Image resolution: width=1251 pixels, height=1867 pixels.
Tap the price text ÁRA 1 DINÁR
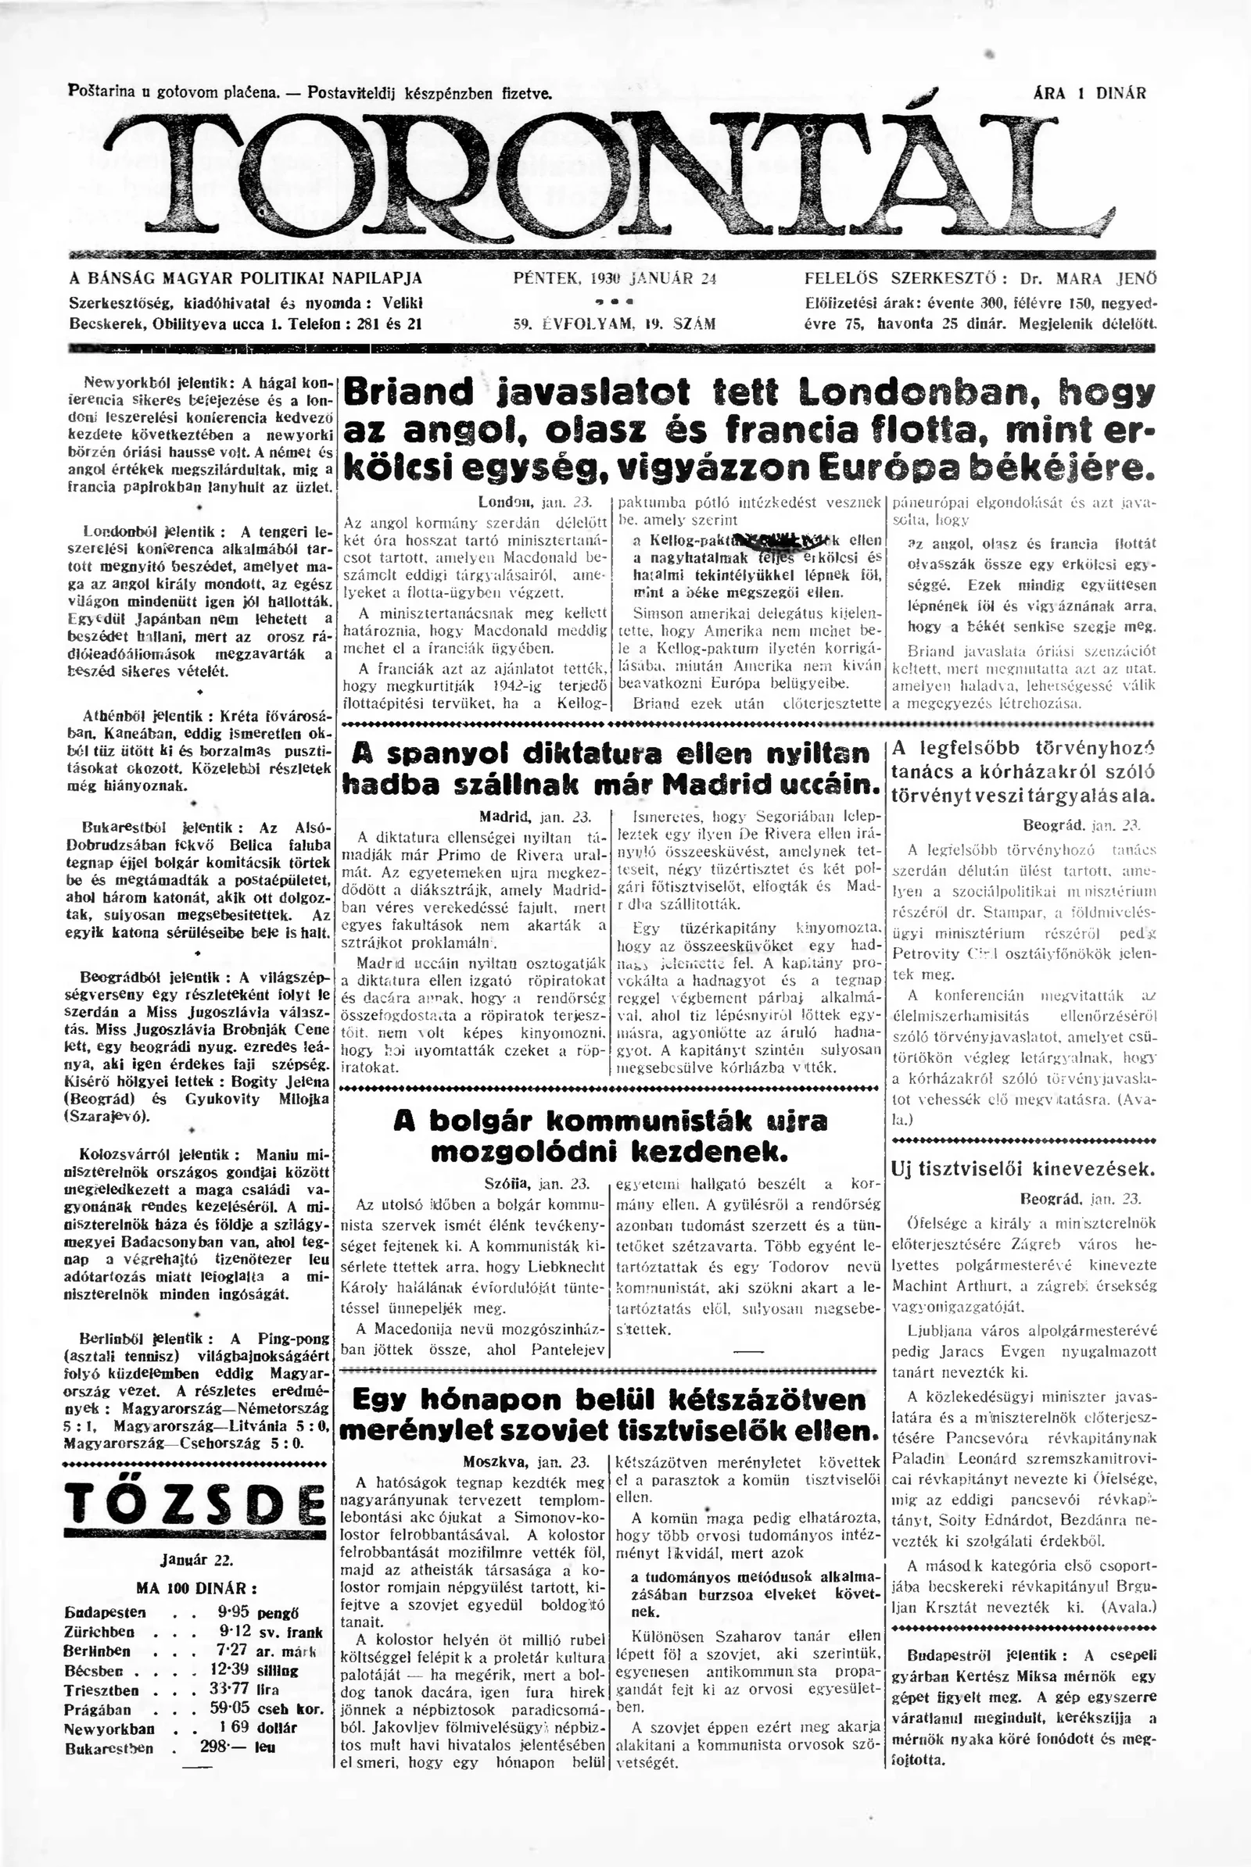[x=1089, y=93]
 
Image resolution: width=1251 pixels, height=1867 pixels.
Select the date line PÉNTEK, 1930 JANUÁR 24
[x=615, y=279]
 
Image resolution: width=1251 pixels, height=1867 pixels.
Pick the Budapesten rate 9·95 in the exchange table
[x=235, y=1590]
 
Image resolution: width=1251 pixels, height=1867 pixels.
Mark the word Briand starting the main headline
[x=407, y=392]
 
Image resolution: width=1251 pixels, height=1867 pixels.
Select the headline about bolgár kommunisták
[x=611, y=1136]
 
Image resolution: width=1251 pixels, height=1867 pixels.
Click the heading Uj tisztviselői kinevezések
[x=1022, y=1170]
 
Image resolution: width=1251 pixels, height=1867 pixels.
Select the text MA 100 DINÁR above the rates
[x=196, y=1565]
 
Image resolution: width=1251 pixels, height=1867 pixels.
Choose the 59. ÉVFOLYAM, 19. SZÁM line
[x=614, y=324]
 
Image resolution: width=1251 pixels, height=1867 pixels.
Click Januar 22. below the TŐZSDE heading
[x=195, y=1535]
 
